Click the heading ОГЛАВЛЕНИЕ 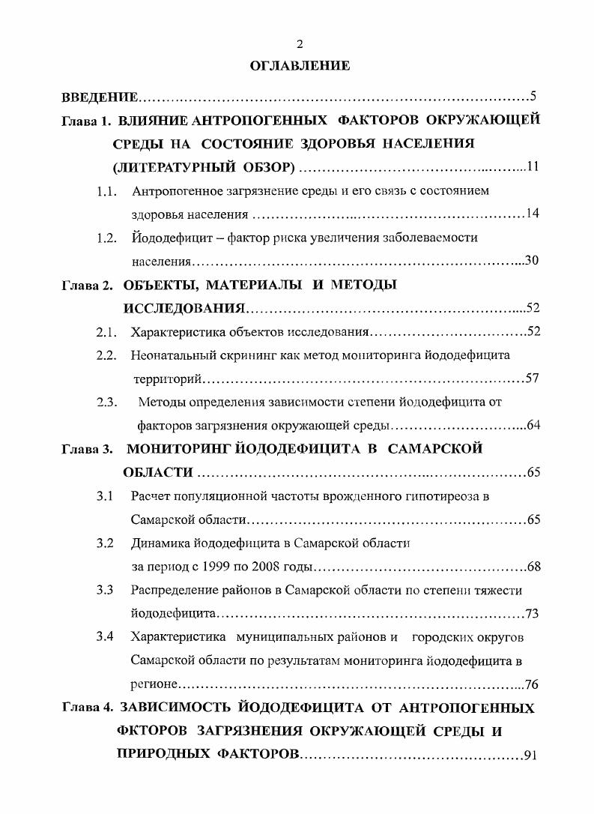[x=300, y=66]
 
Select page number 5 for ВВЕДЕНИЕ [x=533, y=95]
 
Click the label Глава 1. [x=87, y=120]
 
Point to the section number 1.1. [x=107, y=191]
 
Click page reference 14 [x=533, y=214]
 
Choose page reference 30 [x=532, y=262]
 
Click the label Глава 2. [x=87, y=285]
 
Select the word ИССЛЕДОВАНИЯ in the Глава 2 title [x=184, y=309]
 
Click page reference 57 [x=533, y=379]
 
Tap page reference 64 [x=533, y=426]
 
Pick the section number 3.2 [x=105, y=543]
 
